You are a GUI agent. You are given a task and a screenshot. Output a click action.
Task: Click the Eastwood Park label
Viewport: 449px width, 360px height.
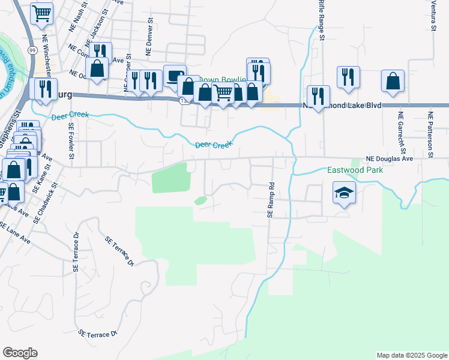point(355,170)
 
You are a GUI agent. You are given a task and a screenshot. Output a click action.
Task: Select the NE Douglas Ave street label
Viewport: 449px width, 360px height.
point(391,159)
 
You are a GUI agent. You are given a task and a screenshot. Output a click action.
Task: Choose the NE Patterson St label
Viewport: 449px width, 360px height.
point(430,136)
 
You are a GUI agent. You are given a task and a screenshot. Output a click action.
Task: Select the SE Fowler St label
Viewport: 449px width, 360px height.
point(71,140)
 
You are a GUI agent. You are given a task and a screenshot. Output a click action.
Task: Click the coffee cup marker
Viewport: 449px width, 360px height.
point(175,76)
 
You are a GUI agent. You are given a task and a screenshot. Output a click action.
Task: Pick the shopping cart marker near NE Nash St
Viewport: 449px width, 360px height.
point(41,13)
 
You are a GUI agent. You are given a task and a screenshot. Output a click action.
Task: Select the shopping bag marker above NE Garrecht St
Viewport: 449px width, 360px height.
point(393,80)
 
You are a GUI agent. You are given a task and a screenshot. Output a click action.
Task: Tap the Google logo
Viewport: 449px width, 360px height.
point(20,353)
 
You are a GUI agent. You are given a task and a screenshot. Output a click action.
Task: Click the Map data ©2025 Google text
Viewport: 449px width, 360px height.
point(411,355)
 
